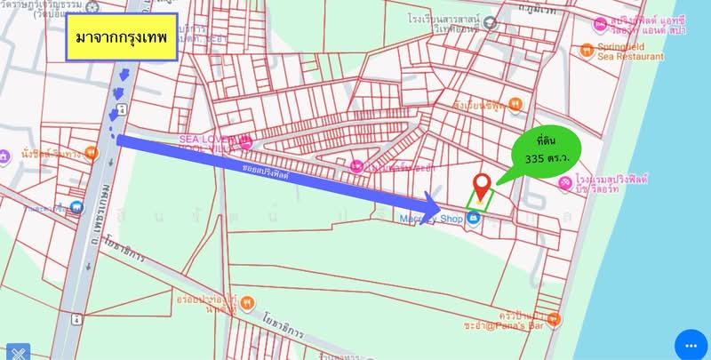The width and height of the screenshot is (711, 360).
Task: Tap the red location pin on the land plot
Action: click(x=482, y=186)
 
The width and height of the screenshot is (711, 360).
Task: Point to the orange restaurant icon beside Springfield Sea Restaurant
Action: click(x=586, y=49)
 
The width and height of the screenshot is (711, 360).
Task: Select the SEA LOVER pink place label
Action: click(x=206, y=140)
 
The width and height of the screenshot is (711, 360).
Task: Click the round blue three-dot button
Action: click(x=691, y=343)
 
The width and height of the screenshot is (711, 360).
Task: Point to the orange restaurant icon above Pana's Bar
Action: click(x=555, y=318)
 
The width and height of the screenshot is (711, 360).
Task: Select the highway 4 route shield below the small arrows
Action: click(x=119, y=110)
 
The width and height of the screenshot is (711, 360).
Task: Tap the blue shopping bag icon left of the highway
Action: click(x=77, y=211)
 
